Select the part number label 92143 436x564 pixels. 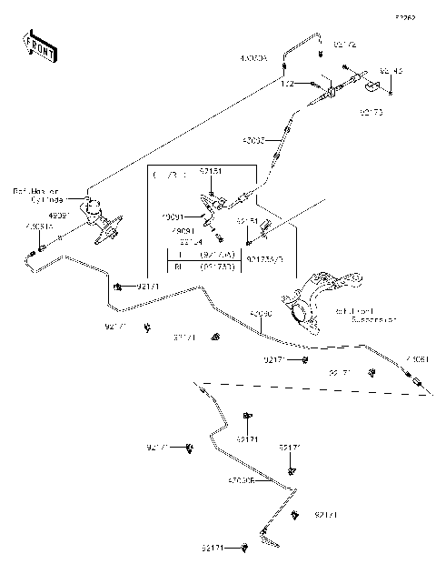pyautogui.click(x=391, y=70)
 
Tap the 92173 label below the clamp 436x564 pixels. pyautogui.click(x=372, y=115)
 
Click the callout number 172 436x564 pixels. pyautogui.click(x=287, y=83)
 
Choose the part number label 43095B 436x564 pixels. pyautogui.click(x=243, y=479)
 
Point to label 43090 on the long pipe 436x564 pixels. pyautogui.click(x=261, y=314)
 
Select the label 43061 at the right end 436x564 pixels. pyautogui.click(x=419, y=358)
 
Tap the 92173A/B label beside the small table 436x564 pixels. pyautogui.click(x=265, y=258)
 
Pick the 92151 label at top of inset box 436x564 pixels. pyautogui.click(x=211, y=170)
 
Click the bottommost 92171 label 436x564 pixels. pyautogui.click(x=213, y=548)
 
